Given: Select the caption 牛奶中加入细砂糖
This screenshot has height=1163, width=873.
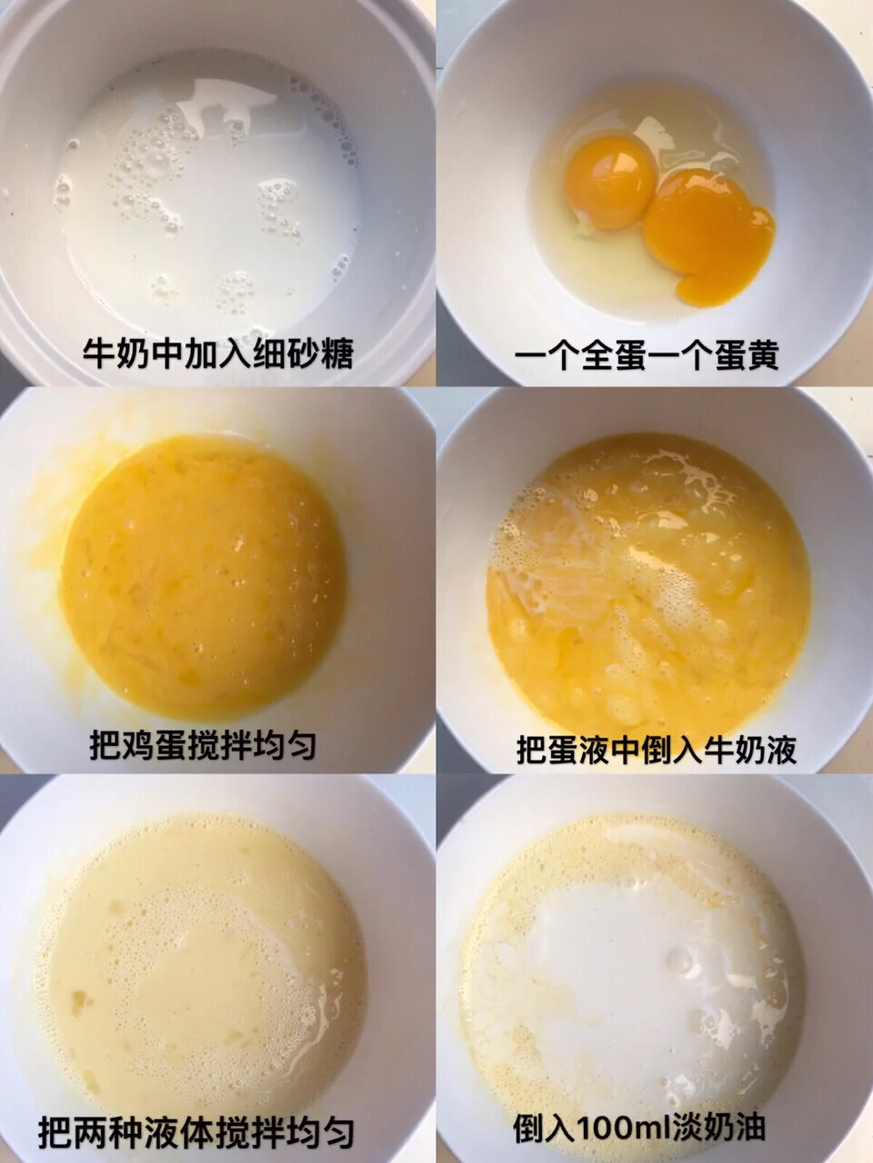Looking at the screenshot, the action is [x=218, y=353].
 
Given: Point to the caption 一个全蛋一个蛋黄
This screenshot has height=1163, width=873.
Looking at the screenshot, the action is [x=647, y=354].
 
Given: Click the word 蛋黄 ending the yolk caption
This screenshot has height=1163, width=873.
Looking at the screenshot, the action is [x=747, y=354].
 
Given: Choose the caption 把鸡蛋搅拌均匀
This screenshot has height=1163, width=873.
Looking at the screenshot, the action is [x=203, y=745].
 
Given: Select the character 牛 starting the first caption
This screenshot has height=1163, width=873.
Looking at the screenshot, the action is [x=99, y=353].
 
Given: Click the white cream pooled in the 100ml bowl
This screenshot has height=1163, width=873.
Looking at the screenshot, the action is [x=636, y=949].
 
